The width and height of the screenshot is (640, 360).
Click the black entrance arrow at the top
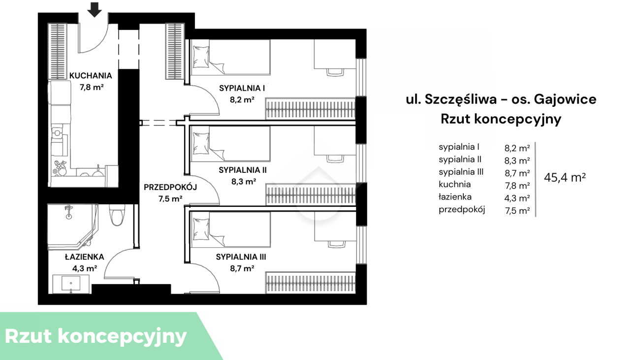tap(95, 10)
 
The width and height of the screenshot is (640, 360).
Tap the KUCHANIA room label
tap(91, 76)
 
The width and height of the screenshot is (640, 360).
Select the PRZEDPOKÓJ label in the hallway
tap(170, 188)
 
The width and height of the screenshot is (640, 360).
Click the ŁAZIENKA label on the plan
tap(84, 257)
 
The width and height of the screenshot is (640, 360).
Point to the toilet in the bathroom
tap(117, 215)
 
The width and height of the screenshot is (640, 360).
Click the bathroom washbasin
tap(71, 284)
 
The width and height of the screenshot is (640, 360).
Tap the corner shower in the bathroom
tap(72, 226)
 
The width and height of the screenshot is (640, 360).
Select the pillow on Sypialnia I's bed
tap(201, 57)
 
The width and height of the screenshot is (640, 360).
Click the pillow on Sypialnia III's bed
tap(201, 229)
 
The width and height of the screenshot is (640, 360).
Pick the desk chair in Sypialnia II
tap(335, 159)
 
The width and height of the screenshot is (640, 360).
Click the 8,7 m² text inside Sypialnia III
tap(242, 268)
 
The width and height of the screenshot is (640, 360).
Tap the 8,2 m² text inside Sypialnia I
tap(242, 99)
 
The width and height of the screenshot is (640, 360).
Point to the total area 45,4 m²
tap(565, 177)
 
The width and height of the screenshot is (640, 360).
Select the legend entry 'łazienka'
tap(455, 197)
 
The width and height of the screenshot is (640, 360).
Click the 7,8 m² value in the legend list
tap(517, 186)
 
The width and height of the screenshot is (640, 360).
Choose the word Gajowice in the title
tap(565, 99)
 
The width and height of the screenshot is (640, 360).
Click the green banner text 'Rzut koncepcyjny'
tap(96, 336)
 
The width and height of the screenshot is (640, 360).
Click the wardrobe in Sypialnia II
tap(311, 195)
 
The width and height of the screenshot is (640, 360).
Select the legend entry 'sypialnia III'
tap(461, 172)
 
